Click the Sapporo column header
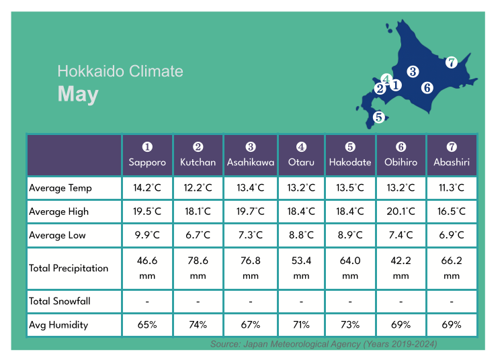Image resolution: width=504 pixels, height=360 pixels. tap(147, 155)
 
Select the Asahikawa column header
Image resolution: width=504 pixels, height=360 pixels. tap(251, 155)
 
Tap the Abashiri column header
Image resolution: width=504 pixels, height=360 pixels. tap(452, 155)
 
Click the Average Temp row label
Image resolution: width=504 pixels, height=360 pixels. tap(60, 188)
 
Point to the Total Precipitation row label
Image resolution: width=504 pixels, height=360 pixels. tap(69, 268)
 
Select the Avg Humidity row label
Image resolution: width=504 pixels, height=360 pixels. tap(58, 324)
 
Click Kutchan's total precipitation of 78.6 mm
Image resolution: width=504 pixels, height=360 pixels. tap(198, 268)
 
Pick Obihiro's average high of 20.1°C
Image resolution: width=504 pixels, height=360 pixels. tap(401, 212)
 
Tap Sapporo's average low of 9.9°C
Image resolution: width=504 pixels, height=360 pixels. tap(147, 235)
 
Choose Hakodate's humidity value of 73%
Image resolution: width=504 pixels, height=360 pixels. tap(350, 324)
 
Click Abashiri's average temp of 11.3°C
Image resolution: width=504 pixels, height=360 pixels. tap(452, 188)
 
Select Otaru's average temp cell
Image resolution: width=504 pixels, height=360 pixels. tap(301, 188)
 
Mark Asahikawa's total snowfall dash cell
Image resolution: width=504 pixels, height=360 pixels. tap(251, 301)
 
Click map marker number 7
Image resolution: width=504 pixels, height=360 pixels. tap(452, 62)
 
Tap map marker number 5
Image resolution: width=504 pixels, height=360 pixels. tap(379, 117)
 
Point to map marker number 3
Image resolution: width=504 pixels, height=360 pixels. tap(413, 71)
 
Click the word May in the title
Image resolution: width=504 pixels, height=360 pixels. tap(78, 95)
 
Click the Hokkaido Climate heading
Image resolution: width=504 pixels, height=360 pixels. tap(120, 71)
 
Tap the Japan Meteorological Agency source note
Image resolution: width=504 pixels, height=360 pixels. tap(323, 344)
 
